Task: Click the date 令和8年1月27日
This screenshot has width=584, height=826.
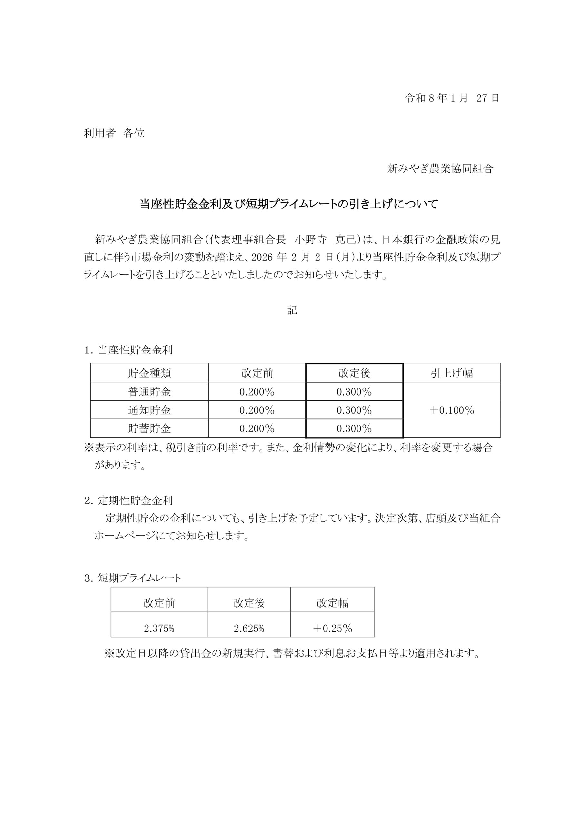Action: pyautogui.click(x=452, y=98)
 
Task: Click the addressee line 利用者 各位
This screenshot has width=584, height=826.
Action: pyautogui.click(x=114, y=134)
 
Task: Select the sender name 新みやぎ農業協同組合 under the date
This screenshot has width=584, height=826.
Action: pyautogui.click(x=440, y=168)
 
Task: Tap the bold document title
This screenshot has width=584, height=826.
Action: pyautogui.click(x=288, y=204)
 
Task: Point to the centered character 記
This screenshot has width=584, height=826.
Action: pyautogui.click(x=292, y=310)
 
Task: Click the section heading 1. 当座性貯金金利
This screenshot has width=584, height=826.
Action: pyautogui.click(x=128, y=350)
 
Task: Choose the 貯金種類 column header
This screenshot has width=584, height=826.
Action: pyautogui.click(x=149, y=373)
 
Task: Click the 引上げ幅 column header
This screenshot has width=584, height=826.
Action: pyautogui.click(x=452, y=373)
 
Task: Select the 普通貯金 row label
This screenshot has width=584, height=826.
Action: pyautogui.click(x=149, y=392)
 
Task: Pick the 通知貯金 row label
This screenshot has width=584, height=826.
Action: pyautogui.click(x=149, y=410)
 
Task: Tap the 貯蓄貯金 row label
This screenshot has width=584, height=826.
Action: pyautogui.click(x=149, y=428)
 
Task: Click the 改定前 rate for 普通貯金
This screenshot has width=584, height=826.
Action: pyautogui.click(x=257, y=392)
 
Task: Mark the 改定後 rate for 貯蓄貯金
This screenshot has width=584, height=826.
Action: pyautogui.click(x=354, y=428)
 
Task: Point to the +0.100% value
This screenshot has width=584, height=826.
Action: pyautogui.click(x=452, y=410)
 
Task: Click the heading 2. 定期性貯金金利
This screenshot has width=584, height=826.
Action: pyautogui.click(x=128, y=500)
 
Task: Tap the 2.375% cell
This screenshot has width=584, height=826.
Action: pyautogui.click(x=159, y=628)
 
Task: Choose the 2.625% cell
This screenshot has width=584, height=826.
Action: pyautogui.click(x=249, y=628)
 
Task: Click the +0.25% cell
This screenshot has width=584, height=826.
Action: pyautogui.click(x=332, y=628)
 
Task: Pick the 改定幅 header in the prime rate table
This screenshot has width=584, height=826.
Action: pyautogui.click(x=332, y=603)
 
